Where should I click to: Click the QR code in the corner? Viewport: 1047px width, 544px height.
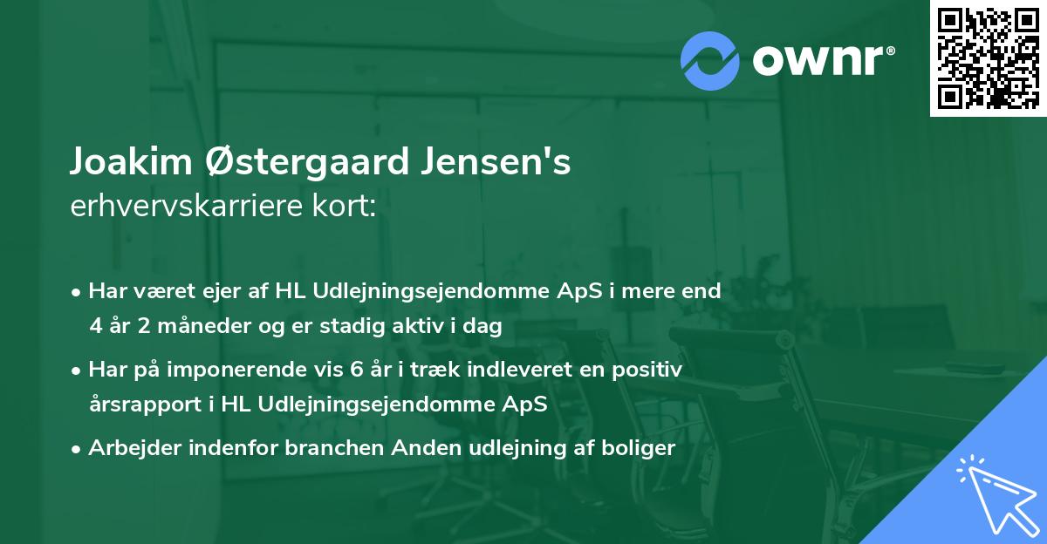tap(988, 58)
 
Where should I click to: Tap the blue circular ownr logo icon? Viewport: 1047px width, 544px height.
tap(709, 60)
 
